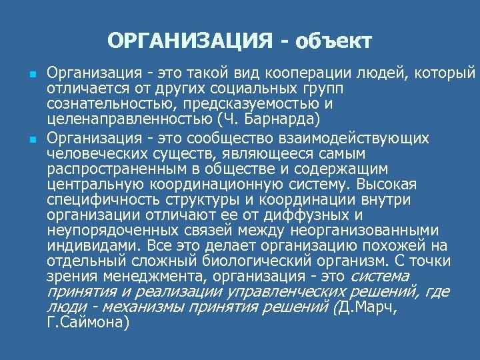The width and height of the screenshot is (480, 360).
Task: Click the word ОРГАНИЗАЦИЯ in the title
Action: (189, 41)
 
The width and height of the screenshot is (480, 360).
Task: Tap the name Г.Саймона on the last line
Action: (88, 323)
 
